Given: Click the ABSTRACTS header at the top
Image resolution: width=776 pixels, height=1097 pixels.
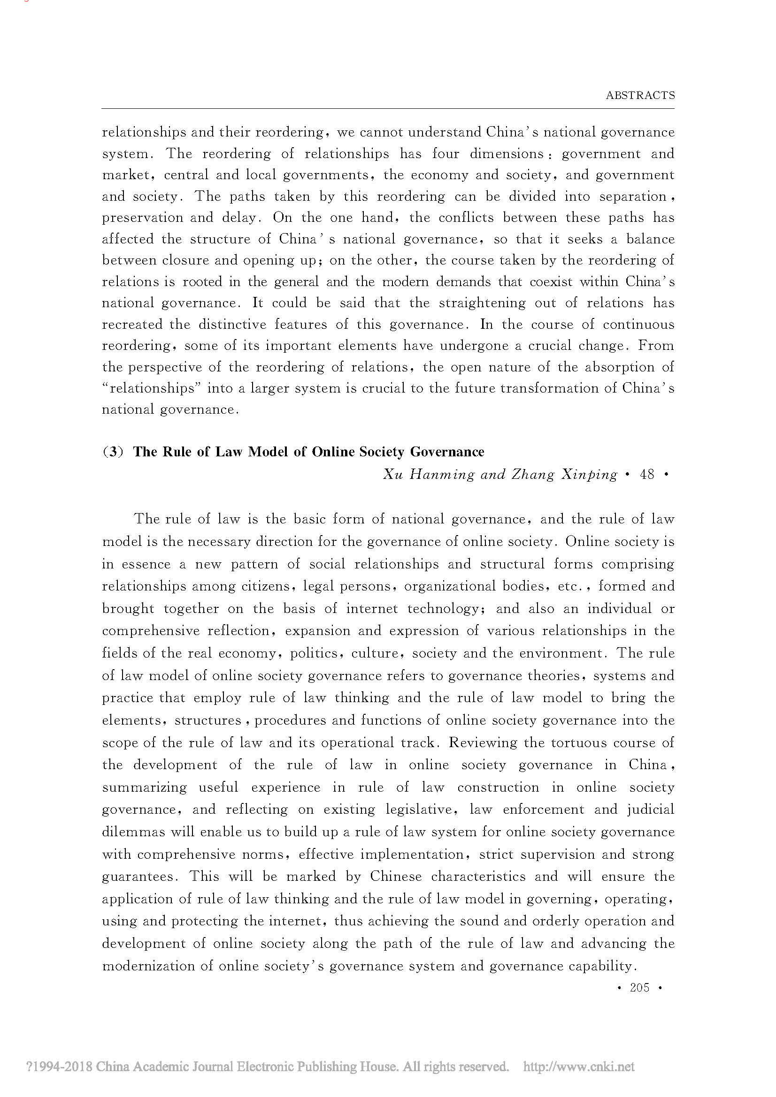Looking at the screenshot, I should [x=640, y=95].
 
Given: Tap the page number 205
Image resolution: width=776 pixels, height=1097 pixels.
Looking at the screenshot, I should [x=639, y=987].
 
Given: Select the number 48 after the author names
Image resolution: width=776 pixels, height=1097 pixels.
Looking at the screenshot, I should [x=647, y=475].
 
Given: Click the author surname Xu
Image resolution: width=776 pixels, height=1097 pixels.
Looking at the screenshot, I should [x=392, y=475].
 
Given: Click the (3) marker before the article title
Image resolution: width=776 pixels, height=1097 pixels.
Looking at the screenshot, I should [x=113, y=452].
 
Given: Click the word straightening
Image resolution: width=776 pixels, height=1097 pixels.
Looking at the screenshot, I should [x=484, y=303].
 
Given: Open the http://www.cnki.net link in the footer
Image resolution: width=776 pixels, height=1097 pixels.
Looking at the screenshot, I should [x=578, y=1067].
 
